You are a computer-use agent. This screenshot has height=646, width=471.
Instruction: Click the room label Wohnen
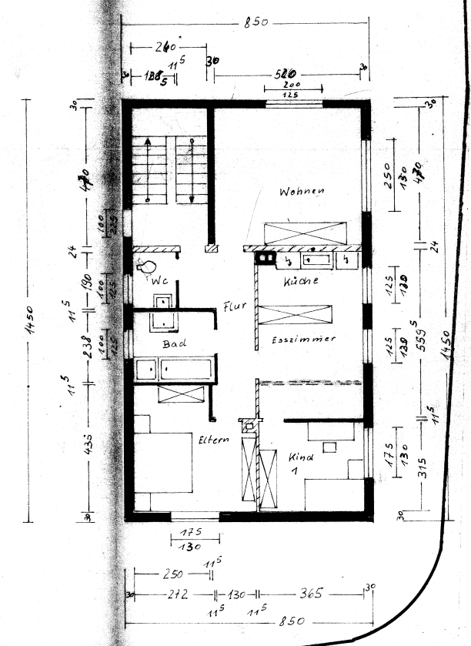tap(302, 191)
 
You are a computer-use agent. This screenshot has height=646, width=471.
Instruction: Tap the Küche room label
tap(301, 282)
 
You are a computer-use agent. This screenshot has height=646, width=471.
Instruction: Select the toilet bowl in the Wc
tap(148, 266)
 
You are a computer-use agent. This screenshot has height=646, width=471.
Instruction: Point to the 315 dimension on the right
tap(420, 473)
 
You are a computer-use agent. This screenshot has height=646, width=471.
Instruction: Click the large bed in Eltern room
tap(162, 462)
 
